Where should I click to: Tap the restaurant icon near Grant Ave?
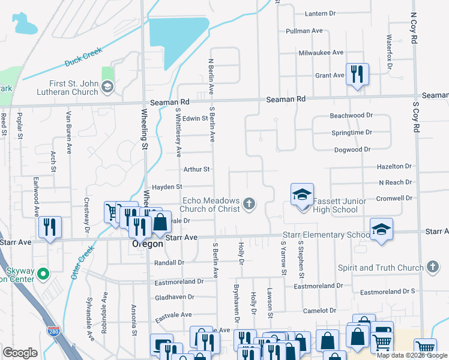coord(357,74)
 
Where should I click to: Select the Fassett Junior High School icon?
coord(302,194)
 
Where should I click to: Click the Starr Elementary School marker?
coord(381,229)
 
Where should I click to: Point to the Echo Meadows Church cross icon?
coord(249,205)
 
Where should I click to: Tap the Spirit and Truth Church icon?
coord(432,268)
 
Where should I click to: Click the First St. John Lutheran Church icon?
coord(107,88)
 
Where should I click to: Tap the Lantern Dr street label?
coord(320,13)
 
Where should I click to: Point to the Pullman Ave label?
coord(305,31)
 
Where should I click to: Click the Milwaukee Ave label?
coord(321,53)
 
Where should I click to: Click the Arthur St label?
coord(196,169)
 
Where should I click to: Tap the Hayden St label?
coord(167,187)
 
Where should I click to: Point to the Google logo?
coord(20,353)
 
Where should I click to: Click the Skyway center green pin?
coord(42,274)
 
